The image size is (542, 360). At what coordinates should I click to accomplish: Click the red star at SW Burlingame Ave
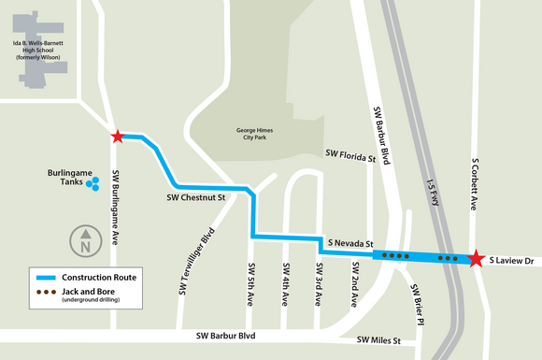click(117, 137)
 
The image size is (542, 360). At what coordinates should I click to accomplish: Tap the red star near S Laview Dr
click(476, 257)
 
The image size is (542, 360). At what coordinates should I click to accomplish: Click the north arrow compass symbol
click(85, 241)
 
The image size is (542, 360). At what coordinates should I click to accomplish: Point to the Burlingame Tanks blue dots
click(93, 185)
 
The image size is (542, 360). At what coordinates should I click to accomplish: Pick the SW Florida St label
click(349, 154)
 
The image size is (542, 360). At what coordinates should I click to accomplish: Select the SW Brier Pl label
click(419, 306)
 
